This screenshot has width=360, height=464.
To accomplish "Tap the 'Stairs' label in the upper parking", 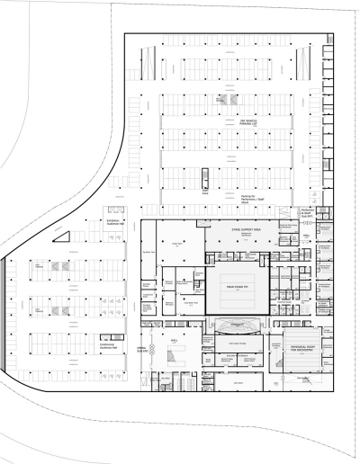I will pos(205,192).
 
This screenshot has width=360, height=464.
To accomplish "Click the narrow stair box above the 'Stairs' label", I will pos(205,178).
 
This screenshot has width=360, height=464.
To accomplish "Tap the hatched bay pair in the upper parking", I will pos(223,100).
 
